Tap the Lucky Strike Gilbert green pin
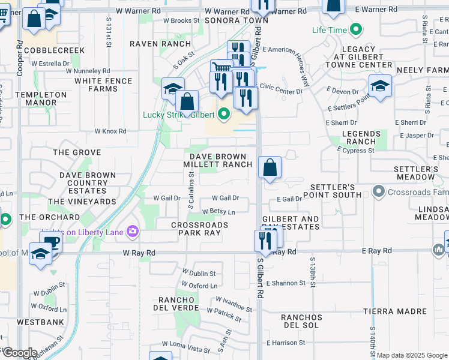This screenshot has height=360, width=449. tap(224, 113)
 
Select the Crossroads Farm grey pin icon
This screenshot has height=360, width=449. tap(379, 192)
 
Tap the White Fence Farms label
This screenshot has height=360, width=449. tap(96, 85)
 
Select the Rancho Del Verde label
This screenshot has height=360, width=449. tap(178, 304)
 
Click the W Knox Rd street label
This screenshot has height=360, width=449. tap(110, 131)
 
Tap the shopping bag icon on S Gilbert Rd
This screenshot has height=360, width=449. tap(270, 167)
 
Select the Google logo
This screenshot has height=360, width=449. tap(20, 353)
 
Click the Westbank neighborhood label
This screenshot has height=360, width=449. tap(32, 322)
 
